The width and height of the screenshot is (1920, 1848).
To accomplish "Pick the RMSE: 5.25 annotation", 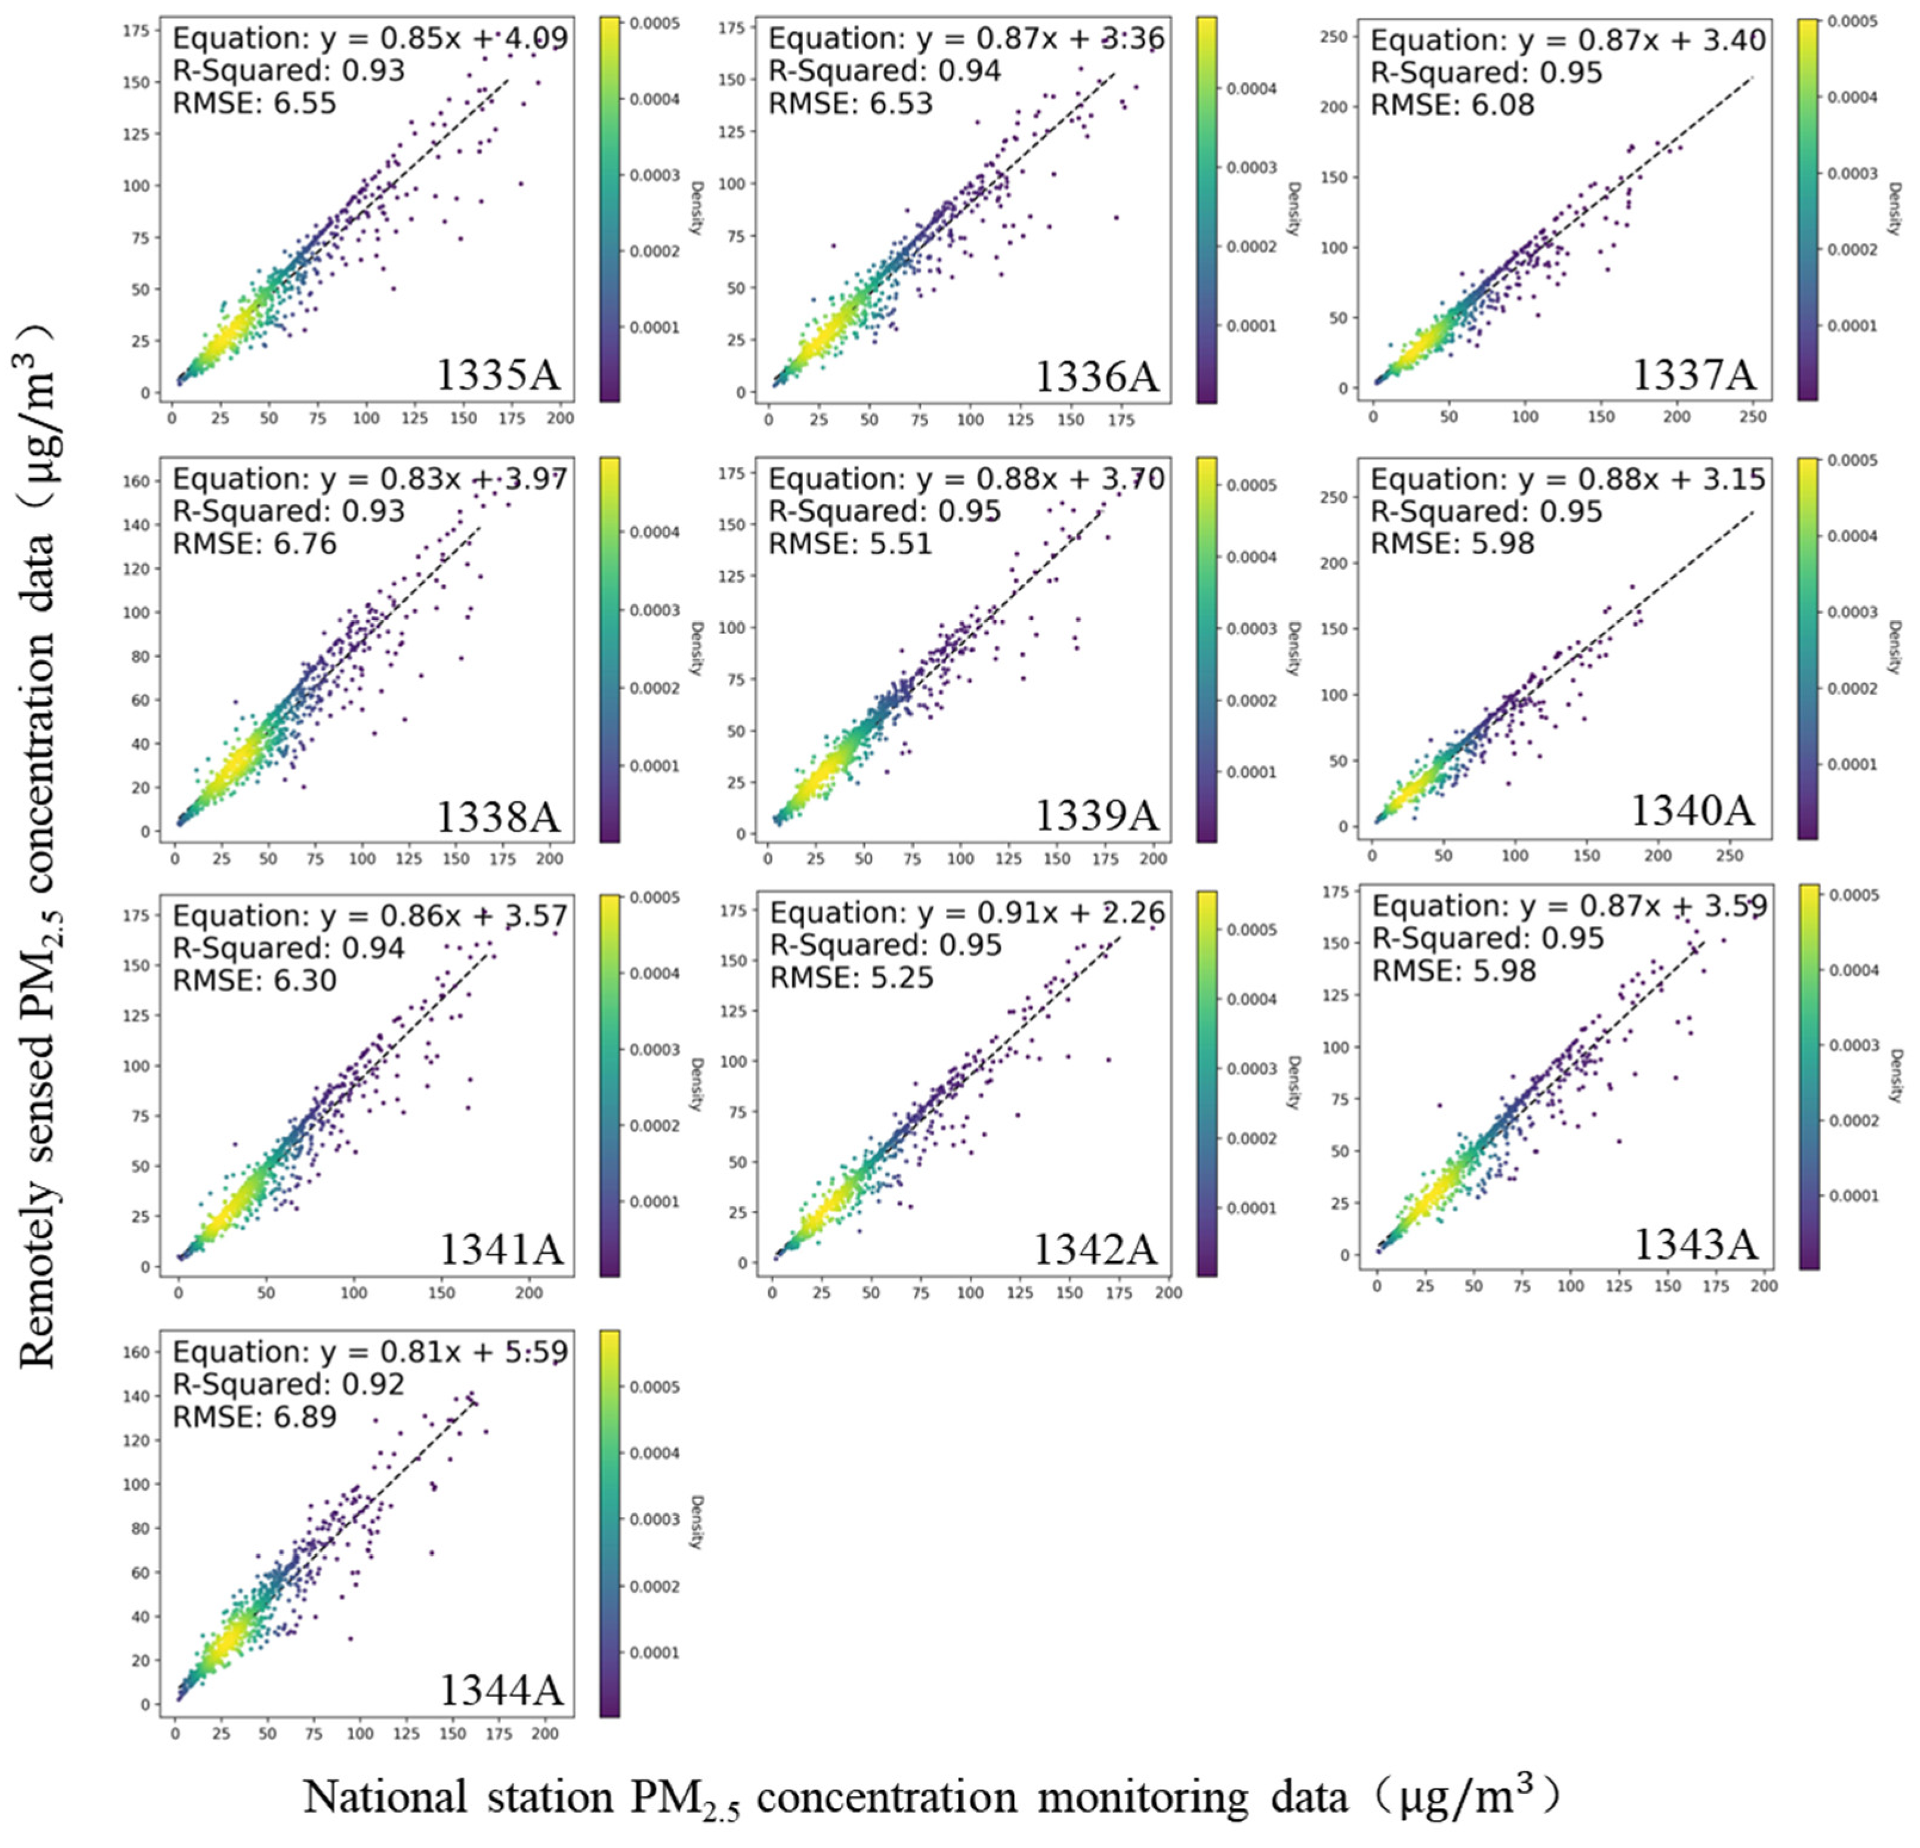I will click(851, 978).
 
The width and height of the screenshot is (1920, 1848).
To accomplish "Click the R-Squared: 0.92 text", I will click(289, 1385).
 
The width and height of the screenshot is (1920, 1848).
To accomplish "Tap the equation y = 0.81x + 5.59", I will click(370, 1352).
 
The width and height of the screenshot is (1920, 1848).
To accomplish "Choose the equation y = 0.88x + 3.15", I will click(1567, 479).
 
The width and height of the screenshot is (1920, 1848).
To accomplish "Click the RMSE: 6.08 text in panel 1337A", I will click(1453, 105).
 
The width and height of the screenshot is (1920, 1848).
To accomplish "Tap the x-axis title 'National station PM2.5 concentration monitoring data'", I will click(930, 1796).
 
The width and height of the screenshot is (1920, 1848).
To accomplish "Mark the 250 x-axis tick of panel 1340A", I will click(1729, 855).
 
